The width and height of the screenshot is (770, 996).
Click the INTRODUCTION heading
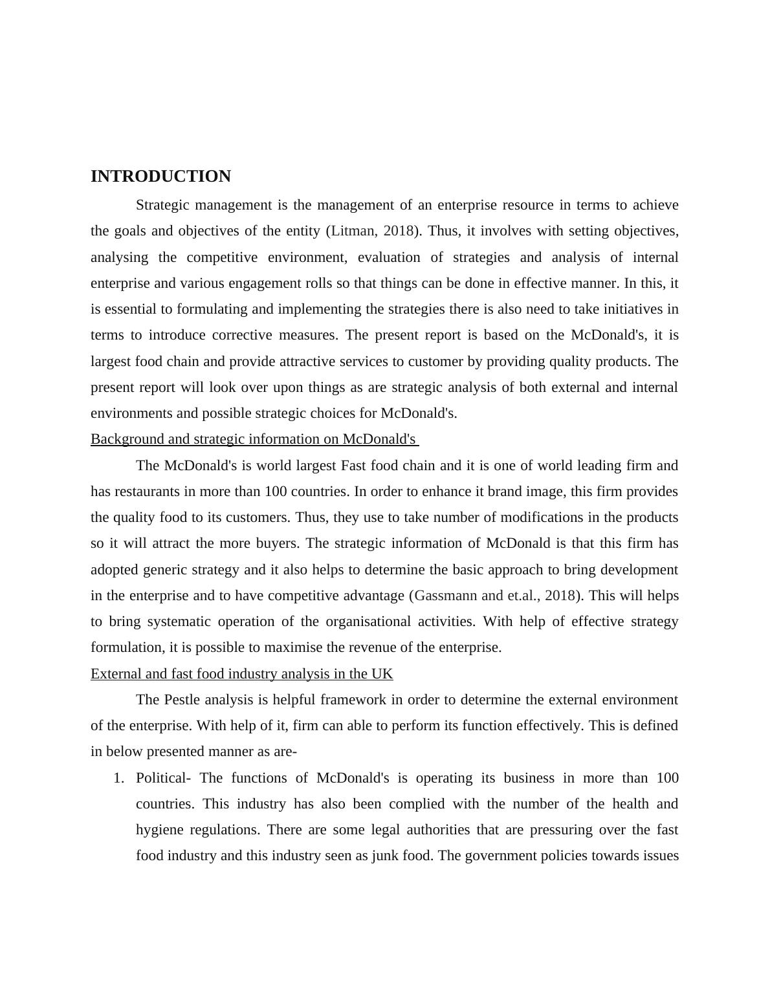point(160,177)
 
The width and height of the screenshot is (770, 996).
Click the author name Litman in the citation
point(353,231)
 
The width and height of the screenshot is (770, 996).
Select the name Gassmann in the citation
point(446,596)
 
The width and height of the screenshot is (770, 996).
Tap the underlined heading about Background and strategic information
point(253,439)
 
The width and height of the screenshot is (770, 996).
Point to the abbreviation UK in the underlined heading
point(382,674)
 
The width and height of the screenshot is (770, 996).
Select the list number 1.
point(118,778)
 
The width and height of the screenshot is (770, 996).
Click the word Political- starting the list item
point(163,778)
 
